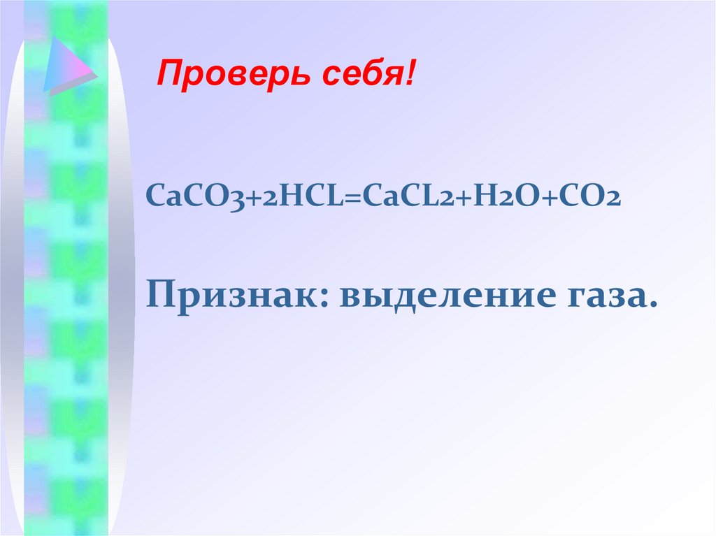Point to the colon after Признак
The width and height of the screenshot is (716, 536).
[x=331, y=301]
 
